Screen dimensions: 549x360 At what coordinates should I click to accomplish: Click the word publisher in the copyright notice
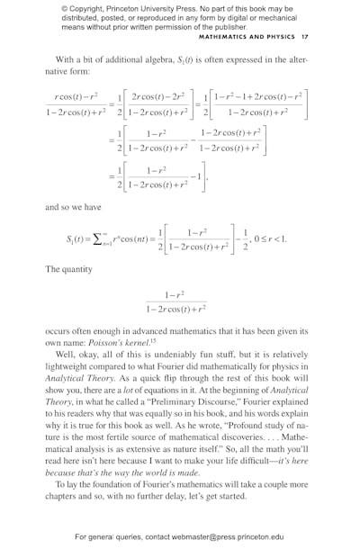click(229, 27)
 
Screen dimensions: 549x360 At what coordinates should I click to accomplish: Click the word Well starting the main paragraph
click(66, 354)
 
